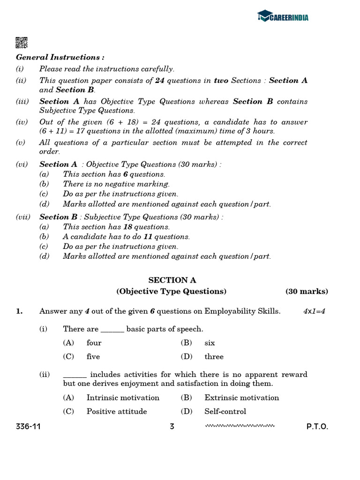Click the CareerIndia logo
[x=283, y=17]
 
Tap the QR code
[x=22, y=42]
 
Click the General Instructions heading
[x=60, y=57]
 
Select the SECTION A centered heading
[x=172, y=280]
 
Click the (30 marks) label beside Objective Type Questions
[x=307, y=291]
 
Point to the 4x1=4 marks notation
[x=314, y=311]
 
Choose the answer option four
[x=94, y=343]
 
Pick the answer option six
[x=210, y=343]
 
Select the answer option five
[x=93, y=356]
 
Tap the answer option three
[x=214, y=356]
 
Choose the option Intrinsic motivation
[x=123, y=397]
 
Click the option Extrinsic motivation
[x=241, y=397]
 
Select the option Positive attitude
[x=117, y=411]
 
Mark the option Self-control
[x=225, y=411]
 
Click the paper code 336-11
[x=28, y=427]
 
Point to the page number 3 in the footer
[x=172, y=427]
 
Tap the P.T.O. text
[x=317, y=427]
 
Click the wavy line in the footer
[x=240, y=426]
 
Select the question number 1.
[x=19, y=311]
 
